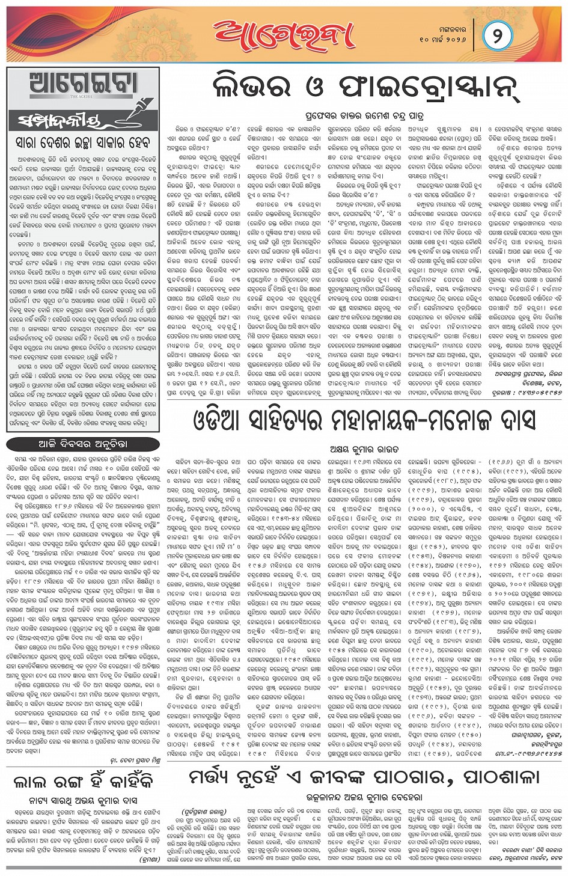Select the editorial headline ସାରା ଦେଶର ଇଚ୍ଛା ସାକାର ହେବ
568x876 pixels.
click(83, 142)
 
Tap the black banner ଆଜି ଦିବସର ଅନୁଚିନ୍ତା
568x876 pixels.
click(83, 444)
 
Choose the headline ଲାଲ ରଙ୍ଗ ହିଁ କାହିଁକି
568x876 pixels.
click(83, 782)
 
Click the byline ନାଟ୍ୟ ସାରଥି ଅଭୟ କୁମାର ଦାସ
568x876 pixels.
click(83, 800)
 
